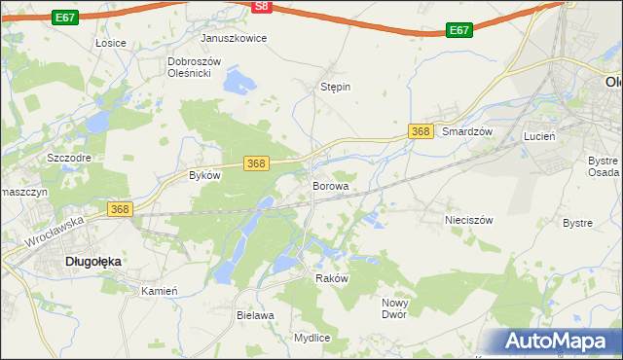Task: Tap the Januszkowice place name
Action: tap(234, 38)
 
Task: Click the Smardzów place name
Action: tap(469, 131)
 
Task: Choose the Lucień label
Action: tap(539, 137)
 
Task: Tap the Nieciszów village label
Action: tap(469, 220)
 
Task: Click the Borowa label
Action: tap(330, 185)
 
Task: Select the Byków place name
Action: tap(205, 176)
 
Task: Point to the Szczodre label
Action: tap(69, 157)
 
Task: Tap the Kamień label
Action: tap(159, 291)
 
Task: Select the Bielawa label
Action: tap(255, 315)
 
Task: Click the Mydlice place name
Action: tap(312, 338)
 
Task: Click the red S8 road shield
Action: tap(260, 6)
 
